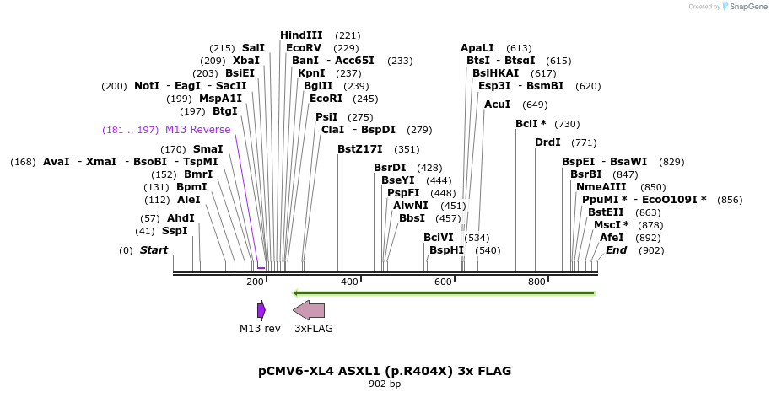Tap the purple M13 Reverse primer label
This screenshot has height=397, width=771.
click(x=197, y=130)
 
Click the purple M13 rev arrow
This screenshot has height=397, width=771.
click(x=261, y=310)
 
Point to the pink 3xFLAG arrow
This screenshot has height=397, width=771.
click(x=309, y=310)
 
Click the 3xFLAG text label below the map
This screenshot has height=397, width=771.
click(x=313, y=329)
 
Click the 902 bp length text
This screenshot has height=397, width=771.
click(x=385, y=384)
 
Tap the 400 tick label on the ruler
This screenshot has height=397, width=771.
click(x=349, y=282)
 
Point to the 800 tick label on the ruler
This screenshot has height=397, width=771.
click(x=537, y=282)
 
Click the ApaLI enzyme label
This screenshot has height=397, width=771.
click(x=477, y=48)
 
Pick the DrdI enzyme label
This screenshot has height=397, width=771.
click(x=548, y=142)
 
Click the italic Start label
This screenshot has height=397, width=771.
click(x=154, y=250)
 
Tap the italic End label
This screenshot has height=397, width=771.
click(x=617, y=250)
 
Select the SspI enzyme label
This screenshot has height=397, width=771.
click(x=175, y=231)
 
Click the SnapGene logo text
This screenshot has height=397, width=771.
click(x=744, y=7)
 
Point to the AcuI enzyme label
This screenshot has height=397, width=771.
click(x=498, y=105)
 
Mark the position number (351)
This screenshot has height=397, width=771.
click(x=407, y=149)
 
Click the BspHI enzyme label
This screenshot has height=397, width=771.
click(x=446, y=250)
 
